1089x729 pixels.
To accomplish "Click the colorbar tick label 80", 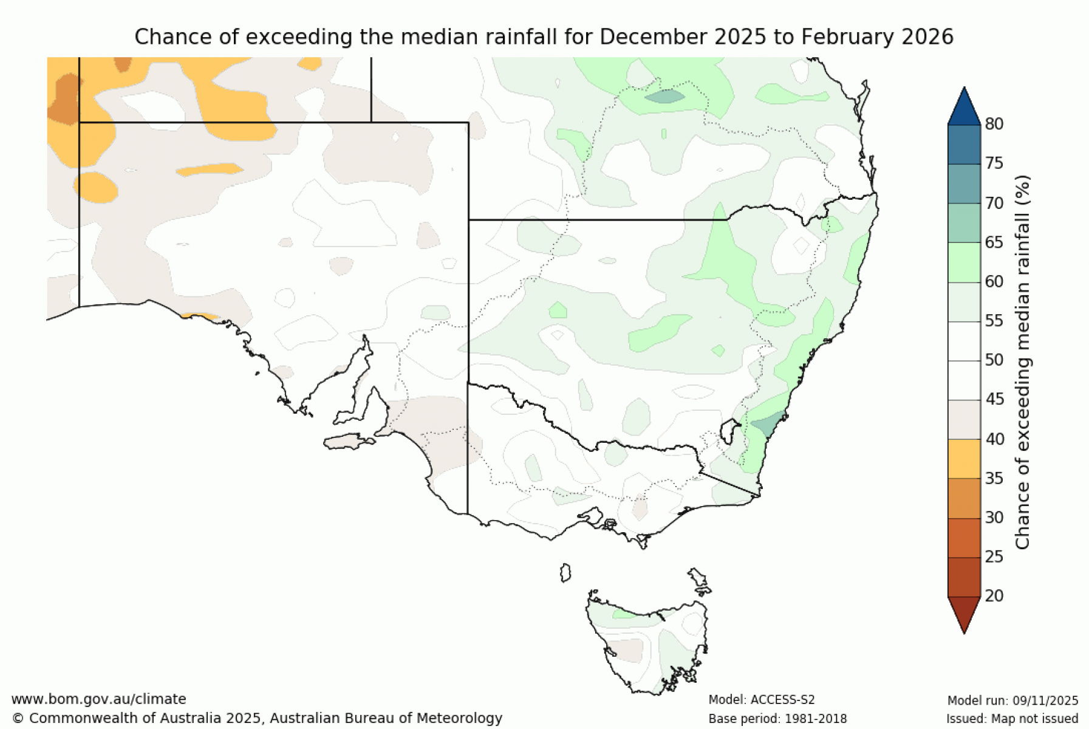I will [994, 124].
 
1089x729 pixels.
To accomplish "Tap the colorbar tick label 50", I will [994, 360].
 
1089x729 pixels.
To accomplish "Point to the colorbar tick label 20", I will [994, 596].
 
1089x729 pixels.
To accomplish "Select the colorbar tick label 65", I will [994, 242].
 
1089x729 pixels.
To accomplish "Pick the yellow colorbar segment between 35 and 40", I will [964, 459].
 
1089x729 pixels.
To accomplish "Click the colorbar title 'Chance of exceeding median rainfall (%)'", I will [1022, 362].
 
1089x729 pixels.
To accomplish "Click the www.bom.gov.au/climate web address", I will [99, 699].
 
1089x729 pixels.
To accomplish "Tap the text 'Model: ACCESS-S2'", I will [761, 700].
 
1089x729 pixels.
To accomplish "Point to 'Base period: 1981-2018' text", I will [777, 719].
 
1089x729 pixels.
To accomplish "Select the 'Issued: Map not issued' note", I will [1012, 719].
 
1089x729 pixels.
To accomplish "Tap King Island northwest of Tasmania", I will [565, 573].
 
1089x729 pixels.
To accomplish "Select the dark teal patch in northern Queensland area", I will [665, 96].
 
